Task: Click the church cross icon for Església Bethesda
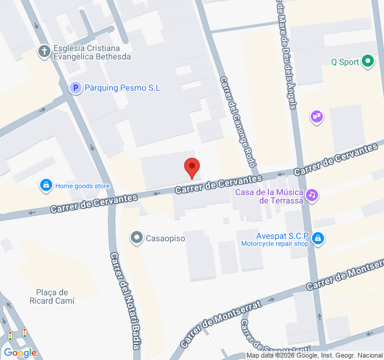(44, 52)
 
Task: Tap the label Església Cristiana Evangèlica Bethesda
(92, 53)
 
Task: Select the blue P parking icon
(75, 88)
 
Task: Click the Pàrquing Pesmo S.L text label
(123, 88)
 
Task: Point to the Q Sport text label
(345, 62)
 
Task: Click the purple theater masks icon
(317, 116)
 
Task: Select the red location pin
(191, 167)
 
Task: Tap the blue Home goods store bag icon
(46, 185)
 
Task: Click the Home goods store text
(83, 186)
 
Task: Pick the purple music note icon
(311, 195)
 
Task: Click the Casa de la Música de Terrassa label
(269, 196)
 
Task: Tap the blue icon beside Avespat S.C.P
(319, 239)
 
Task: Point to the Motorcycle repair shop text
(275, 244)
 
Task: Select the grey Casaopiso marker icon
(137, 238)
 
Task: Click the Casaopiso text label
(166, 239)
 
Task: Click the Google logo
(20, 353)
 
